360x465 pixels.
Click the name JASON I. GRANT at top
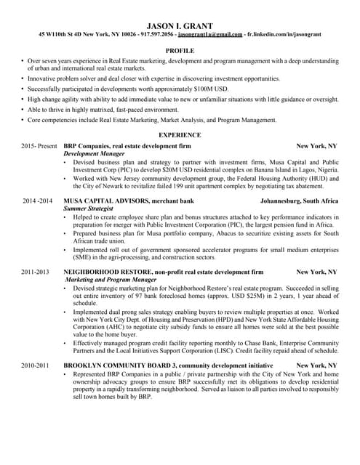[180, 25]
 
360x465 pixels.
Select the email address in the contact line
[210, 34]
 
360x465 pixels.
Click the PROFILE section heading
[180, 51]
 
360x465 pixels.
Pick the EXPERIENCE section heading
[180, 134]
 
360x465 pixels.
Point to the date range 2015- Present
[39, 147]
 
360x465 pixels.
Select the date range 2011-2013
[36, 271]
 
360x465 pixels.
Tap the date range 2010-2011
[36, 364]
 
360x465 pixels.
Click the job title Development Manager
[91, 155]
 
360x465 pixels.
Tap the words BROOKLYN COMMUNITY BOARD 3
[124, 364]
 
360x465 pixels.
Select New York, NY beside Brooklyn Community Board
[316, 364]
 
